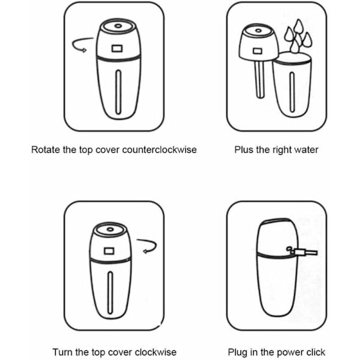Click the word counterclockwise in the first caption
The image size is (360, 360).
(x=160, y=149)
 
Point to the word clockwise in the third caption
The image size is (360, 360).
(x=155, y=352)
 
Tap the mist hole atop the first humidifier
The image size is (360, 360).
(x=118, y=26)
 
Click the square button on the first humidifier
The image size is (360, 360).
(x=117, y=49)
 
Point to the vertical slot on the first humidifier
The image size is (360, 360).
(x=118, y=92)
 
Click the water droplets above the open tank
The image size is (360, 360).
(x=298, y=36)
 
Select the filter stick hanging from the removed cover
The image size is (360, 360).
(x=259, y=79)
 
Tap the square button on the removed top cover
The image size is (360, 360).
(x=257, y=51)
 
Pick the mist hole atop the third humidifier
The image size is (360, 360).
(x=110, y=229)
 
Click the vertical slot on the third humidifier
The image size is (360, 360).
(x=110, y=293)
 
